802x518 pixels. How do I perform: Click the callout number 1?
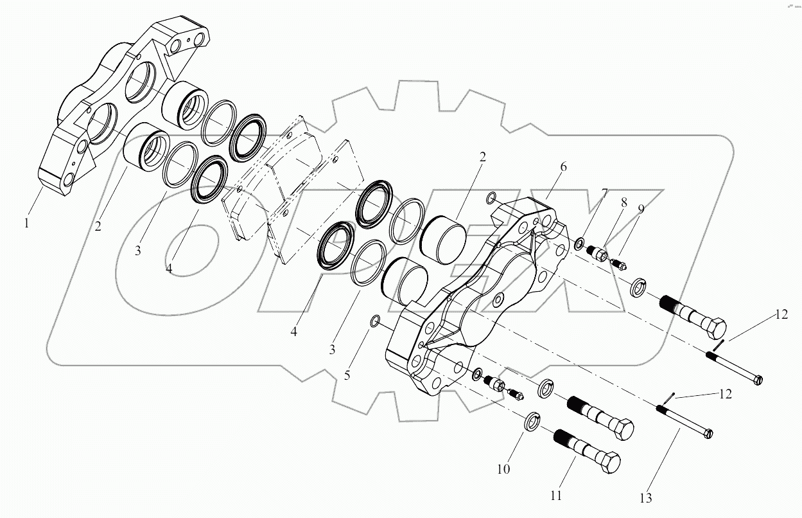(x=26, y=224)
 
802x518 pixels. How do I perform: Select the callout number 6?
(x=563, y=166)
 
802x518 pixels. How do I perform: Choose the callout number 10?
(x=503, y=469)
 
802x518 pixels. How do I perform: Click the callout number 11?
(x=556, y=496)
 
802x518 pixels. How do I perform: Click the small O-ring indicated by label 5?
(x=376, y=321)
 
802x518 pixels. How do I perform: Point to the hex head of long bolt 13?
(x=708, y=434)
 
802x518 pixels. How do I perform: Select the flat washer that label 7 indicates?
(x=580, y=244)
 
